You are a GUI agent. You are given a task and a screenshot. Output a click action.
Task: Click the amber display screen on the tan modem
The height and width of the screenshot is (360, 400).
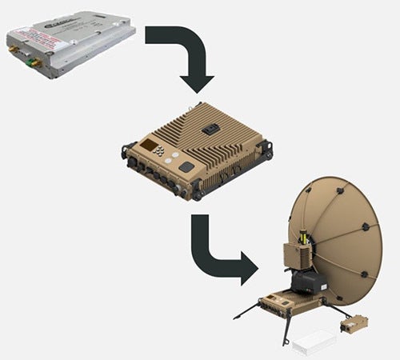tap(149, 146)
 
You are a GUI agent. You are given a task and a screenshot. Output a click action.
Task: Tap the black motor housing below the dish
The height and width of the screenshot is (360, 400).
tap(307, 280)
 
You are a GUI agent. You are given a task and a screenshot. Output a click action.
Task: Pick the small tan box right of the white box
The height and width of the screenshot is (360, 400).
tap(354, 324)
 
